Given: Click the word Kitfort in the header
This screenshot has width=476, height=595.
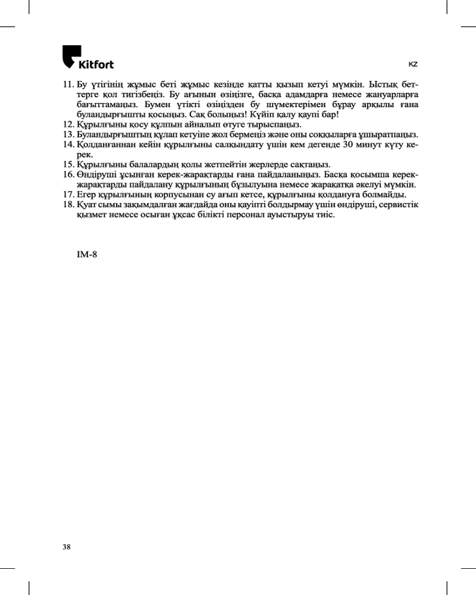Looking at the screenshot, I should click(x=96, y=64).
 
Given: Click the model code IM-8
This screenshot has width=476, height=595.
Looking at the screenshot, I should click(x=87, y=255).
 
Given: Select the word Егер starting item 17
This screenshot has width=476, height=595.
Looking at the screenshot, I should click(x=87, y=195).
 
